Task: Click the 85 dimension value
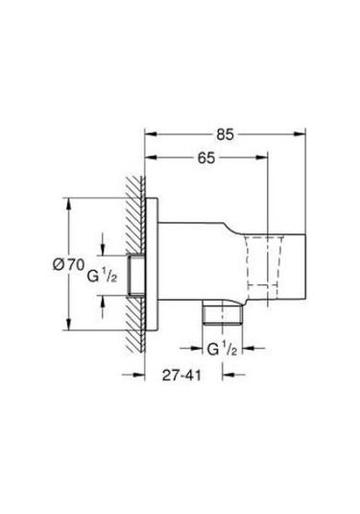[x=225, y=135]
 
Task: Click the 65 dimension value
[x=206, y=159]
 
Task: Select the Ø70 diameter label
[x=68, y=264]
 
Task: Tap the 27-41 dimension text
[x=181, y=376]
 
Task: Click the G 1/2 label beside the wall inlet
[x=102, y=276]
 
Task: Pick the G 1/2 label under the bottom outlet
[x=222, y=349]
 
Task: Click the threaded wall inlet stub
[x=136, y=275]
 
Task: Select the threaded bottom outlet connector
[x=223, y=315]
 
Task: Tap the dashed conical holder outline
[x=264, y=260]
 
